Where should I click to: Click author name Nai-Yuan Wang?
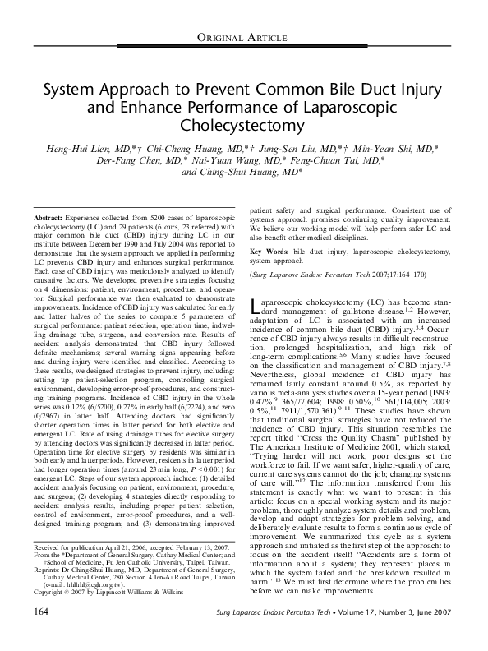[234, 163]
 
